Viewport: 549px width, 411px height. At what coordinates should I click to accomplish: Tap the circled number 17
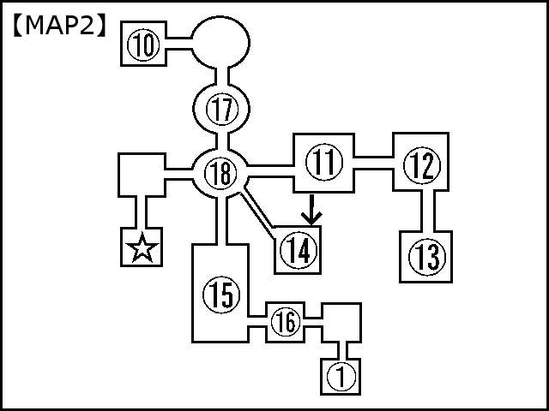tap(222, 110)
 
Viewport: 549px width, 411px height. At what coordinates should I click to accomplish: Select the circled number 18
tap(220, 174)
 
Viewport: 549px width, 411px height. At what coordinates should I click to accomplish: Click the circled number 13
tap(426, 255)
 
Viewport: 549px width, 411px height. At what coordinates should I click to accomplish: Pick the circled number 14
tap(298, 251)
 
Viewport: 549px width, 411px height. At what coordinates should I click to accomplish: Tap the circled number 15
tap(219, 295)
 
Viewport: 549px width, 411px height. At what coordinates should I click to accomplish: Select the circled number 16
tap(287, 323)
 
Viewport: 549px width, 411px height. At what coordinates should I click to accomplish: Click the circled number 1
tap(341, 375)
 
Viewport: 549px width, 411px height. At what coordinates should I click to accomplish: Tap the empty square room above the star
tap(142, 175)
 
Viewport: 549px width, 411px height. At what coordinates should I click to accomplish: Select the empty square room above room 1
tap(341, 322)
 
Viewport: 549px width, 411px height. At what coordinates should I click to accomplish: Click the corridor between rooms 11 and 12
tap(374, 162)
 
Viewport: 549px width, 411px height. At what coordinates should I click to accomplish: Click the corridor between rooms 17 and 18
tap(222, 141)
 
